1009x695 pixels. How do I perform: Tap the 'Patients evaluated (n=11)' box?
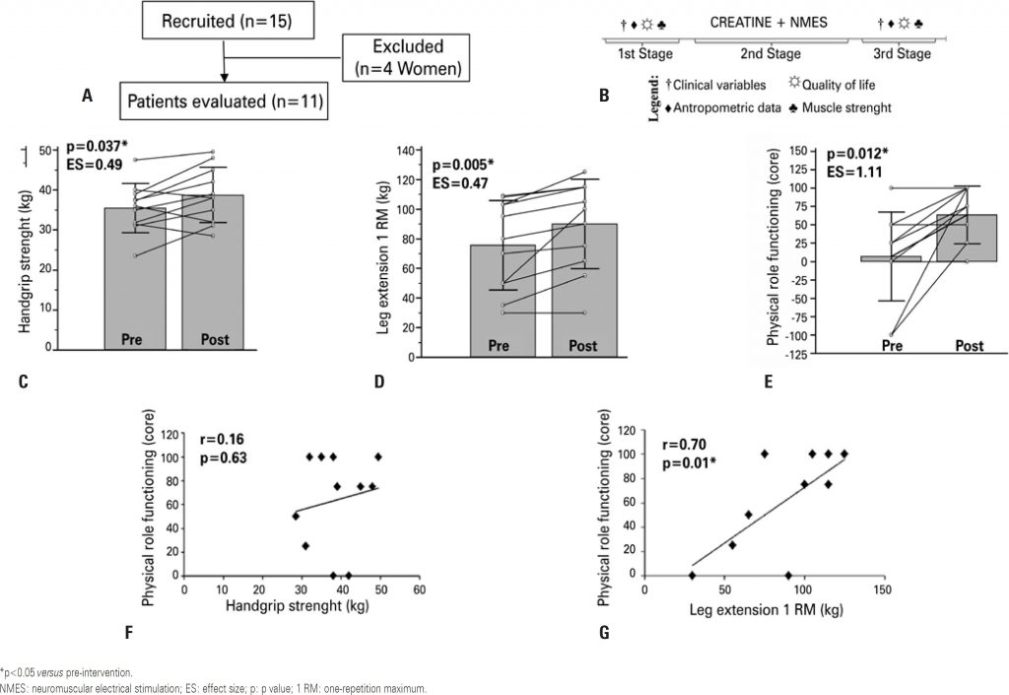[x=224, y=100]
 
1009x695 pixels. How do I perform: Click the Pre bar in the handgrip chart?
[x=135, y=286]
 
